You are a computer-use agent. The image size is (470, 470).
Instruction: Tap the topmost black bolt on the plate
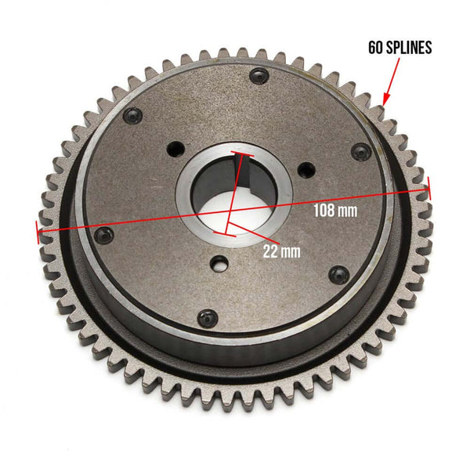click(258, 76)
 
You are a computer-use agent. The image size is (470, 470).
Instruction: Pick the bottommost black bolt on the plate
click(207, 316)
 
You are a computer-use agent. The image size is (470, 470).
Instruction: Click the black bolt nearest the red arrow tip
click(360, 151)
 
